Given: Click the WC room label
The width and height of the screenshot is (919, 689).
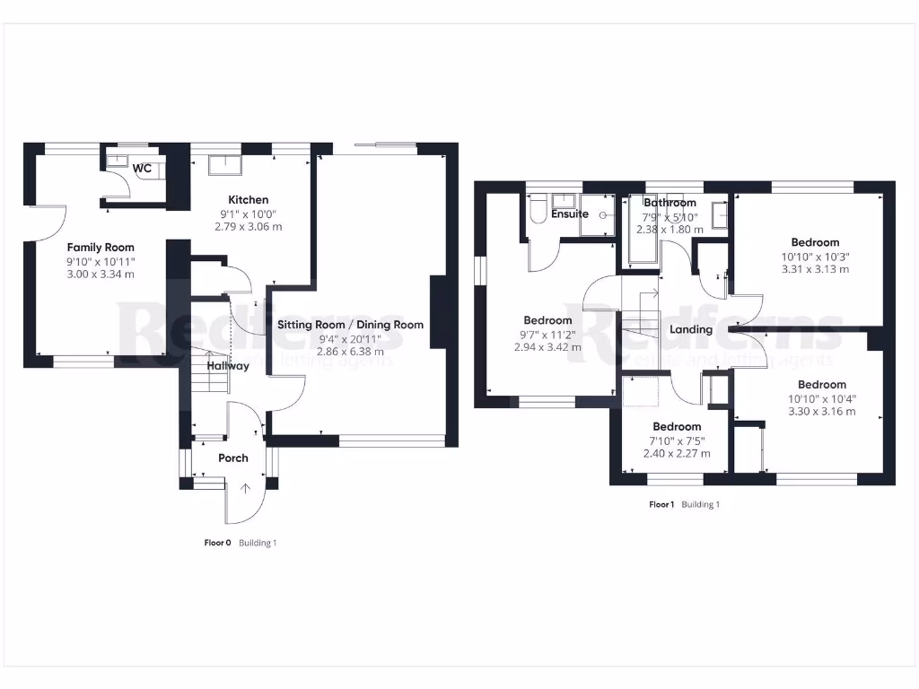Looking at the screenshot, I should tap(142, 169).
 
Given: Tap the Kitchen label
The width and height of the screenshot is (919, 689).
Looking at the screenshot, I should tap(248, 199).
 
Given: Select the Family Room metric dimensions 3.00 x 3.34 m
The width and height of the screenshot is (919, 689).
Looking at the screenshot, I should tap(101, 274).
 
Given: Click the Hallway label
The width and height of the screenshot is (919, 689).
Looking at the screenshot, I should tap(228, 366).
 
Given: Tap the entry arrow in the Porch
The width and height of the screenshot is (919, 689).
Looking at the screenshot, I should tap(248, 489).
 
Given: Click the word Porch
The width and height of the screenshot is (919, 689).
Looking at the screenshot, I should tap(233, 458).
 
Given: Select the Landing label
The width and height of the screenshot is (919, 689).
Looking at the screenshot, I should tap(691, 329).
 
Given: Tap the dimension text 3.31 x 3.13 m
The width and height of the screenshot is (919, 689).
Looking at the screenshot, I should tap(815, 268).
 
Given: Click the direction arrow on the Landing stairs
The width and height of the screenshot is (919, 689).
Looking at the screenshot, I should tap(653, 293).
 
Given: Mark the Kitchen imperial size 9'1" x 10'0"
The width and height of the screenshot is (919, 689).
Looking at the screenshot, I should tap(248, 214).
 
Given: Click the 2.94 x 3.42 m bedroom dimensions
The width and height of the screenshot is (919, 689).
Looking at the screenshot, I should tap(547, 346).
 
